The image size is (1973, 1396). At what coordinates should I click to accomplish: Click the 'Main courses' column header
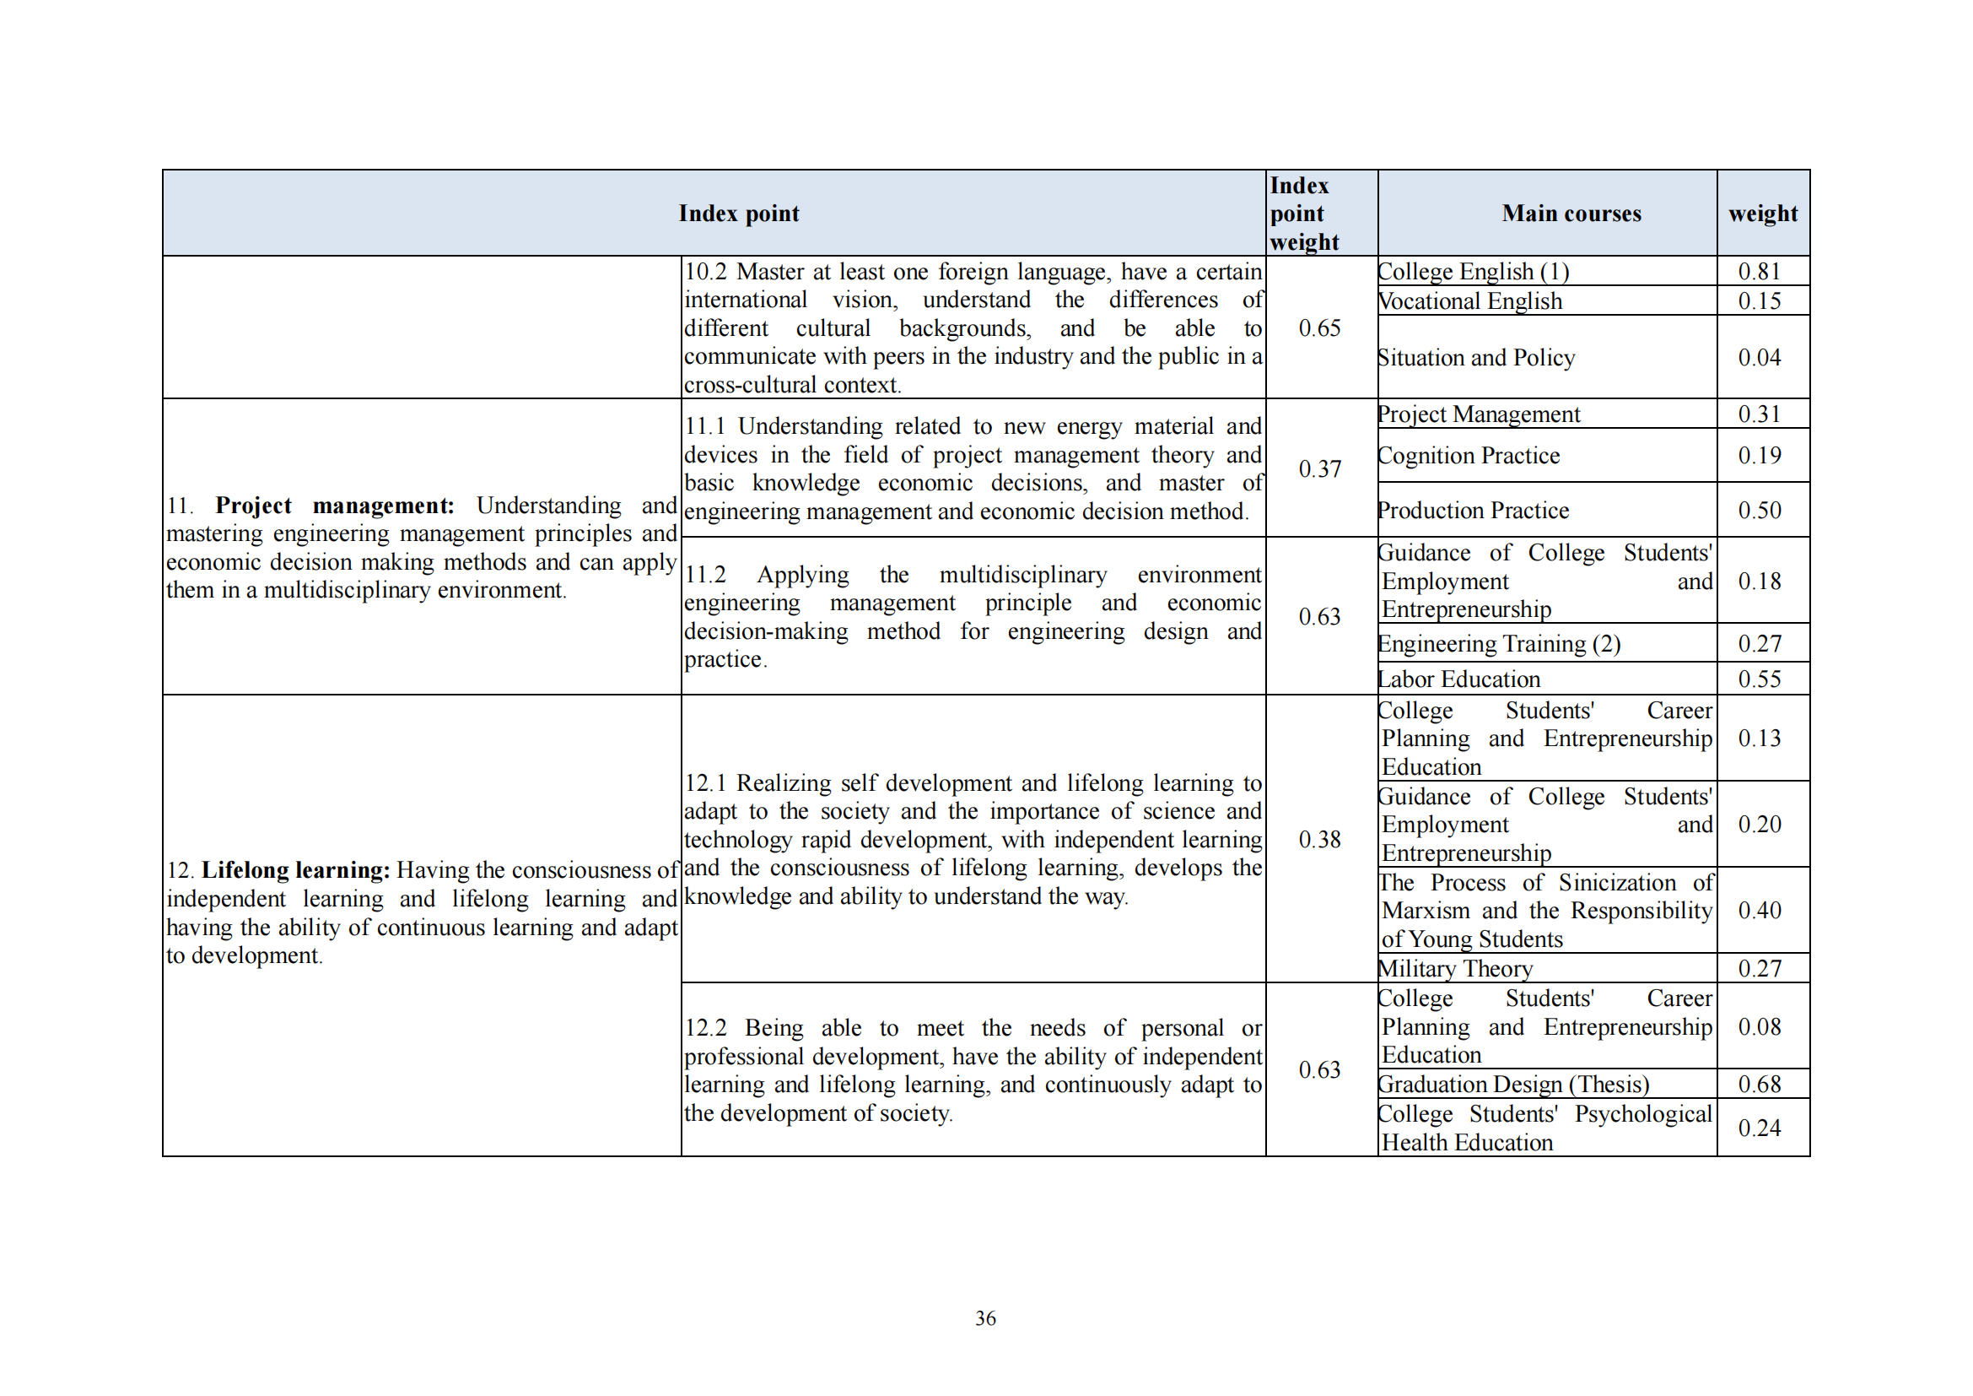(1571, 214)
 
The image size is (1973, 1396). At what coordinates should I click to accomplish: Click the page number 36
(985, 1318)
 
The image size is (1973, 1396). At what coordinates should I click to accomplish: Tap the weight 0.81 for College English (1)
(1759, 272)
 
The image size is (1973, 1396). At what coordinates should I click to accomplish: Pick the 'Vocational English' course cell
(1470, 301)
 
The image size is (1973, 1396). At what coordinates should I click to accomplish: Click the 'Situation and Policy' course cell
(1476, 358)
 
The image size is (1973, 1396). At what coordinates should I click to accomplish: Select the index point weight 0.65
(1319, 328)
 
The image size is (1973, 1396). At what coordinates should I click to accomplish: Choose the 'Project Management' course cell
(1479, 414)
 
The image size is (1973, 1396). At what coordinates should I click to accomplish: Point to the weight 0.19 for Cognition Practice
(1759, 456)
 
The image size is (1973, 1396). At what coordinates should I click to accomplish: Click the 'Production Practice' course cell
(1474, 511)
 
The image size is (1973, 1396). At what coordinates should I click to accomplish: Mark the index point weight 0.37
(1319, 469)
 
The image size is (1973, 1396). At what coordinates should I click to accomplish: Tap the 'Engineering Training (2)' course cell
(1500, 644)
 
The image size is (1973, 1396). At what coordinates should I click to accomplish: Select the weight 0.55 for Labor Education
(1759, 679)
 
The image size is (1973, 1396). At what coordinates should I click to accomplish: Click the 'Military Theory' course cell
(1456, 969)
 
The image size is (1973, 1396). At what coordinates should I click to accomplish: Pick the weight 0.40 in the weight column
(1759, 911)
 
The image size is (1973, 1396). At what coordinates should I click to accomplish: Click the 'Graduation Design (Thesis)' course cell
(1514, 1085)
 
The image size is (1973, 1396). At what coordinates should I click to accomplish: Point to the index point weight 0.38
(1319, 840)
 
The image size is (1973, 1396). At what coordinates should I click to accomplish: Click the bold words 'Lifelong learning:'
(295, 871)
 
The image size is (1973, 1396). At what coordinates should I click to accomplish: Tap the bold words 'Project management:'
(334, 506)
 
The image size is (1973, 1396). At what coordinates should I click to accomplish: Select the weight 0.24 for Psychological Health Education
(1759, 1128)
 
